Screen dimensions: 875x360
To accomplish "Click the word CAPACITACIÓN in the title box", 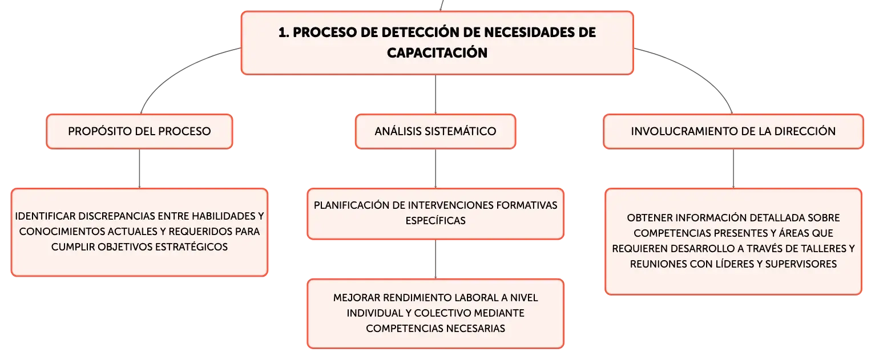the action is [437, 52].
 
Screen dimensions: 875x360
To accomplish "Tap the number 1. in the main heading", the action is [284, 33].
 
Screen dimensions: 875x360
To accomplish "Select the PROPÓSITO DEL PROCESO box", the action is [139, 132].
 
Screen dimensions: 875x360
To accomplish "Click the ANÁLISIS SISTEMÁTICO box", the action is [436, 132].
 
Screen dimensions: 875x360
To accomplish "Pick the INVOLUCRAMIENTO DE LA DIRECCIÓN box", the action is [733, 132].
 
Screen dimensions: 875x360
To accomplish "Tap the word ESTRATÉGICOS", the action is [191, 247].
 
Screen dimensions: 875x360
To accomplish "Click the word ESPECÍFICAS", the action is [436, 221].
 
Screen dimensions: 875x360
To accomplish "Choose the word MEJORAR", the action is [356, 298].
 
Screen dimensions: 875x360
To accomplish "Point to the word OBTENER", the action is [650, 218].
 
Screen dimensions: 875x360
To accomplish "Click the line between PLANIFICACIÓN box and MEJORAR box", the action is [436, 259].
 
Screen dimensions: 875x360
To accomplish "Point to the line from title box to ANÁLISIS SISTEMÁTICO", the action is [436, 95].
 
